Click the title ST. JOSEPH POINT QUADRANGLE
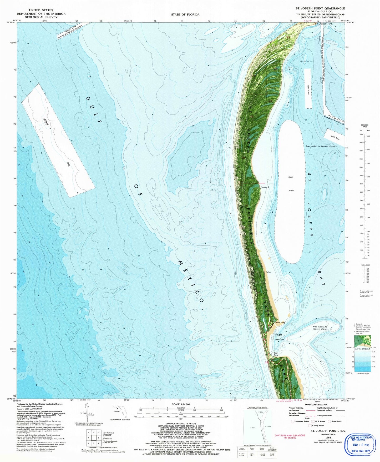click(x=320, y=8)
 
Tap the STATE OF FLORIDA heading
click(x=185, y=14)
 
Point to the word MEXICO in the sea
click(x=191, y=281)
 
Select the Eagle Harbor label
click(x=279, y=337)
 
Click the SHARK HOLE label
click(x=306, y=61)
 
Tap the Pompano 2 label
click(x=265, y=187)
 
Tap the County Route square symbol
click(x=310, y=425)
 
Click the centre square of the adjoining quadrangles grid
click(x=93, y=438)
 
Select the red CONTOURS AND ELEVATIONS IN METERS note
click(x=290, y=436)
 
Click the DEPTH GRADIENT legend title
click(x=363, y=349)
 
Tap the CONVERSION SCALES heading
click(x=364, y=126)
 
